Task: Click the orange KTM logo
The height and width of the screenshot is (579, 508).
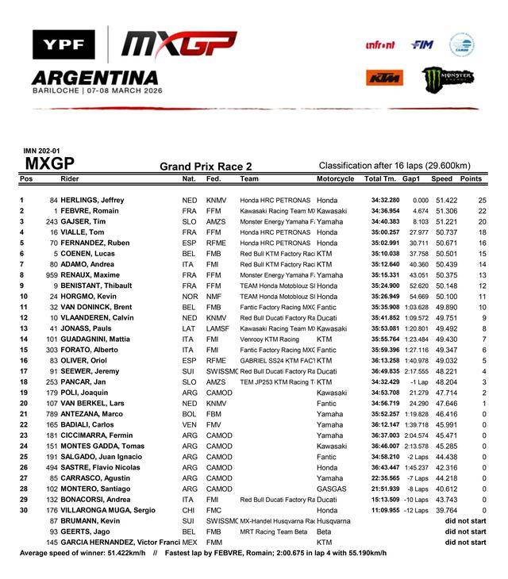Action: tap(385, 78)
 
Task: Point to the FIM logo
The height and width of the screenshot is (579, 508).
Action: tap(421, 45)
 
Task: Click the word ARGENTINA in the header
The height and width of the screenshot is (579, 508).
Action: tap(94, 78)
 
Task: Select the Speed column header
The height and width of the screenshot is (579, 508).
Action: tap(441, 179)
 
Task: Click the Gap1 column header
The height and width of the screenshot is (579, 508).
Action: tap(411, 179)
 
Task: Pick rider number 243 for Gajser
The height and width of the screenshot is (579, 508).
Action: tap(52, 222)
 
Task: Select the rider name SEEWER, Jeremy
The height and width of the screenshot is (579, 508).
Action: tap(94, 370)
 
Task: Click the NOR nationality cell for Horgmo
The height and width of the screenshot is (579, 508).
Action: tap(190, 296)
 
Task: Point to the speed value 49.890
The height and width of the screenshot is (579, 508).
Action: tap(442, 307)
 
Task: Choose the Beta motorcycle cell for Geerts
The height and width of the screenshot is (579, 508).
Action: tap(324, 531)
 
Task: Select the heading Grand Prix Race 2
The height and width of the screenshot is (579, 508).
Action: tap(206, 167)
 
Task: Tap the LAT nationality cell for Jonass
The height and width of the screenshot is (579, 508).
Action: tap(190, 328)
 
